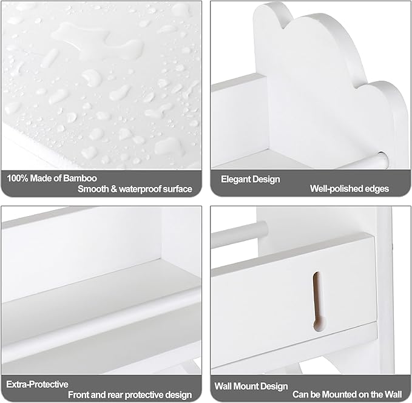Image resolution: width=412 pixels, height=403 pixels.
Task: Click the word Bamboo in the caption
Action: [80, 178]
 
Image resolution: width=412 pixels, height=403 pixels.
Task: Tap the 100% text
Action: [18, 178]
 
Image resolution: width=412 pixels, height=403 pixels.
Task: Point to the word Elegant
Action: [235, 179]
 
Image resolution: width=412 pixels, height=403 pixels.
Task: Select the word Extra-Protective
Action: [37, 384]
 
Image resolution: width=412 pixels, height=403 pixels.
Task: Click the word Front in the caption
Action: [78, 395]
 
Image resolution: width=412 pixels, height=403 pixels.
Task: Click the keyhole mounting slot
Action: [319, 301]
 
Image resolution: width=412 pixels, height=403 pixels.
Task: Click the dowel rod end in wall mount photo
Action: [263, 229]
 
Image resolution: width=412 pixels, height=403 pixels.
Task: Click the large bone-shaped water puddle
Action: [97, 42]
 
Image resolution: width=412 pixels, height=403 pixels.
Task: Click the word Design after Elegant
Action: [266, 179]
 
